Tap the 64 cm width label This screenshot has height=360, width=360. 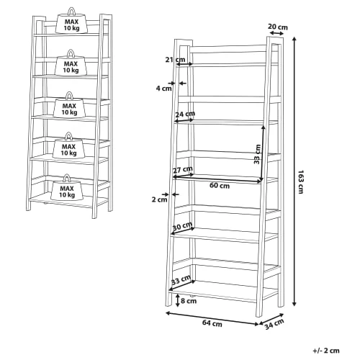[212, 323]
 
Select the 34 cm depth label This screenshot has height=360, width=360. [274, 324]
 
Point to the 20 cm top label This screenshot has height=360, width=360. [278, 27]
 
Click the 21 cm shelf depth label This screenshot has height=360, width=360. [175, 59]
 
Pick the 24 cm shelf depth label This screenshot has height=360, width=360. [185, 114]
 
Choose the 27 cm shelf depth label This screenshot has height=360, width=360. [183, 170]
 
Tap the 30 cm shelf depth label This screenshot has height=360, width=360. [182, 226]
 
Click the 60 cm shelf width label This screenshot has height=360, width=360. [220, 185]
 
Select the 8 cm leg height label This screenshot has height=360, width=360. [189, 301]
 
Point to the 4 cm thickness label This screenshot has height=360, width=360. [164, 89]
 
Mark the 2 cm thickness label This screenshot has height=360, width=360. [159, 199]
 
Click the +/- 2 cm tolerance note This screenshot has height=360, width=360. [326, 351]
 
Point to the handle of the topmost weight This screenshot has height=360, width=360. [71, 11]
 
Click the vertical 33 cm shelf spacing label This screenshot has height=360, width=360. [257, 154]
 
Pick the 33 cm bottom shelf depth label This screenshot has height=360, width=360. [181, 280]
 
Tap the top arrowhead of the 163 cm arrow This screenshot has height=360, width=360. [294, 39]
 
